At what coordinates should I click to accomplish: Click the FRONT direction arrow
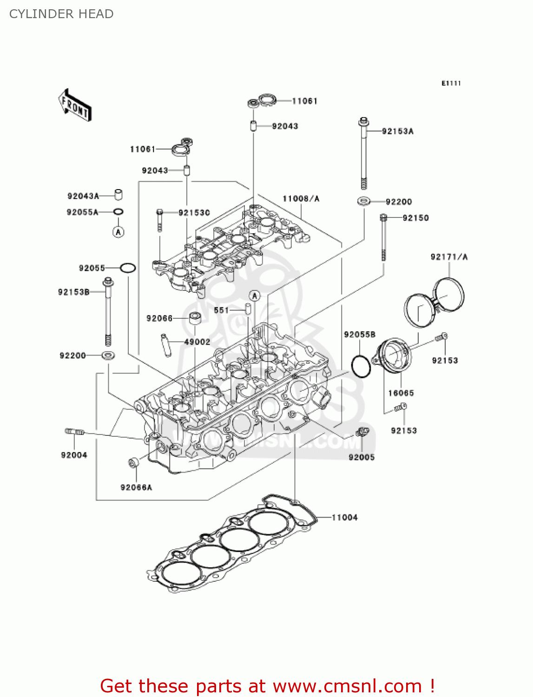tap(75, 105)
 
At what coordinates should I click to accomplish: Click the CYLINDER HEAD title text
tap(61, 14)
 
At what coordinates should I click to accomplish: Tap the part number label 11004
tap(344, 518)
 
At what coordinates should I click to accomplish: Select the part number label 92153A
tap(397, 132)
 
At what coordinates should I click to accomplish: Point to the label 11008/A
tap(301, 199)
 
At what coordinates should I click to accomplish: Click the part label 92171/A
tap(449, 257)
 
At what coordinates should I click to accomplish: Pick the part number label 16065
tap(401, 393)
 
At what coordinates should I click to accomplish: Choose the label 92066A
tap(136, 487)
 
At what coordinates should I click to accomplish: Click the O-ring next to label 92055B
tap(361, 367)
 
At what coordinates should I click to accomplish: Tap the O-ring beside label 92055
tap(128, 268)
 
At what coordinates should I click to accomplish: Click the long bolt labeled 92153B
tap(108, 311)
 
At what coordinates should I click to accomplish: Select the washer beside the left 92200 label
tap(108, 356)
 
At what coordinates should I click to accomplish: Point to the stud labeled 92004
tap(74, 432)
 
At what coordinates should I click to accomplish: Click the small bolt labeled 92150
tap(383, 237)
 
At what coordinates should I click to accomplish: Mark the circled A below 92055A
tap(118, 231)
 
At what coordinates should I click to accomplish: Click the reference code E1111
tap(451, 83)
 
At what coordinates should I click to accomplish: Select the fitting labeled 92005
tap(362, 433)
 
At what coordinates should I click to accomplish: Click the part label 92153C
tap(194, 213)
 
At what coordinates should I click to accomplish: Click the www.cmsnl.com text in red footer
tap(347, 686)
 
